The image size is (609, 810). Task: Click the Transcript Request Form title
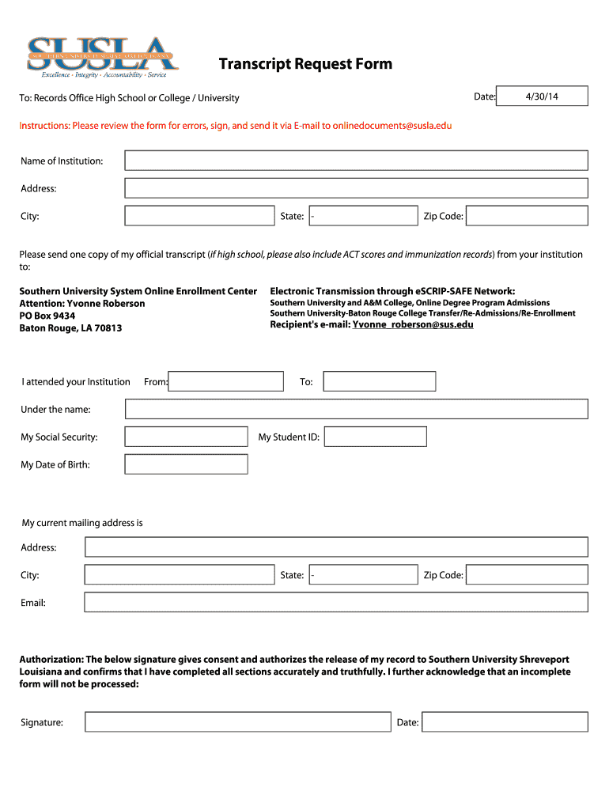305,64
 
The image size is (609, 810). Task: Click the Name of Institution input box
356,161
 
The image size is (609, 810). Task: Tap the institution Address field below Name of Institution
356,188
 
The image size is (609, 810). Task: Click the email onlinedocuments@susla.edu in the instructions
392,126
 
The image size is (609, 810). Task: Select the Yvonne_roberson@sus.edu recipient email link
413,324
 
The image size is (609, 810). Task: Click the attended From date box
226,382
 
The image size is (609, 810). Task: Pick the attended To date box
380,382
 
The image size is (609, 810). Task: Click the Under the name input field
356,409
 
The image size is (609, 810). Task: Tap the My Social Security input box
186,437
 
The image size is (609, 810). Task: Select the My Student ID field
375,437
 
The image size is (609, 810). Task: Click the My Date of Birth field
186,464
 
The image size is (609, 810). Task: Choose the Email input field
336,603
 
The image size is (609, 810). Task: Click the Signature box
238,722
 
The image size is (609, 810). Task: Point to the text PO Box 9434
47,316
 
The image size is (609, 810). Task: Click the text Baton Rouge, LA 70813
70,328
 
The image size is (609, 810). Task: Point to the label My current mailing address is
82,523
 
